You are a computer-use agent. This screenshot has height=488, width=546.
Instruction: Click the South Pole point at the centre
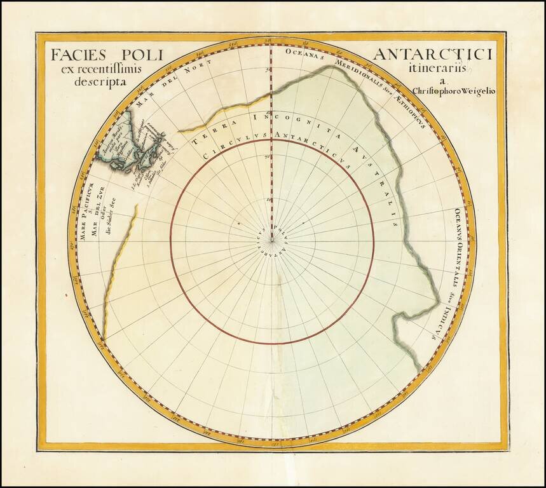(272, 240)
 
